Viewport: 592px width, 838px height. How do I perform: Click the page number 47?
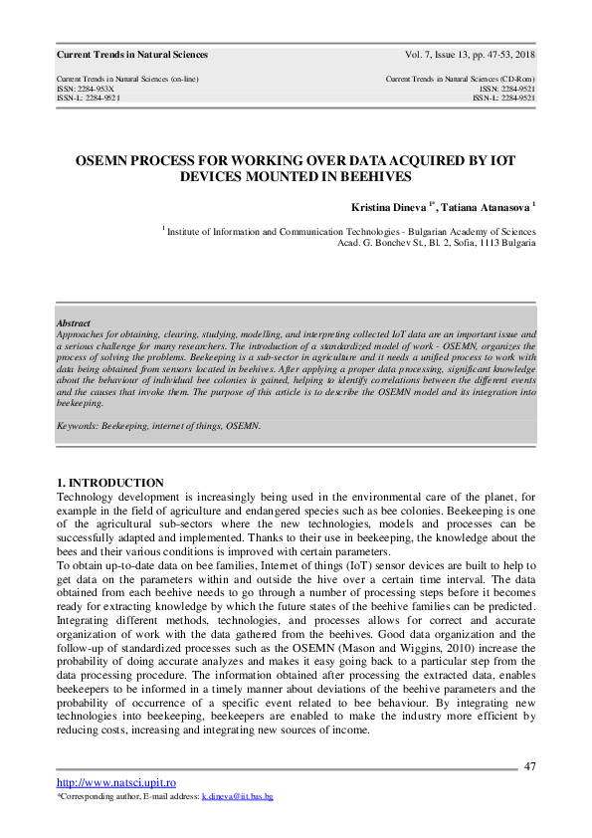click(x=529, y=765)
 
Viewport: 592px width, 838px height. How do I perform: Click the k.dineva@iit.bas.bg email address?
click(x=237, y=797)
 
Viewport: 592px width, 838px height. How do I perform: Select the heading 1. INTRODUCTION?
click(x=110, y=483)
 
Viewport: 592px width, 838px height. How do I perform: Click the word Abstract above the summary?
click(x=74, y=324)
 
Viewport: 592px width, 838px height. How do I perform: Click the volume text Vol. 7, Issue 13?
click(x=441, y=55)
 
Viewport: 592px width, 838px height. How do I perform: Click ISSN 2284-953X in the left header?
click(x=85, y=89)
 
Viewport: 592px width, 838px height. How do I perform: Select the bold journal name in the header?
click(x=132, y=55)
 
